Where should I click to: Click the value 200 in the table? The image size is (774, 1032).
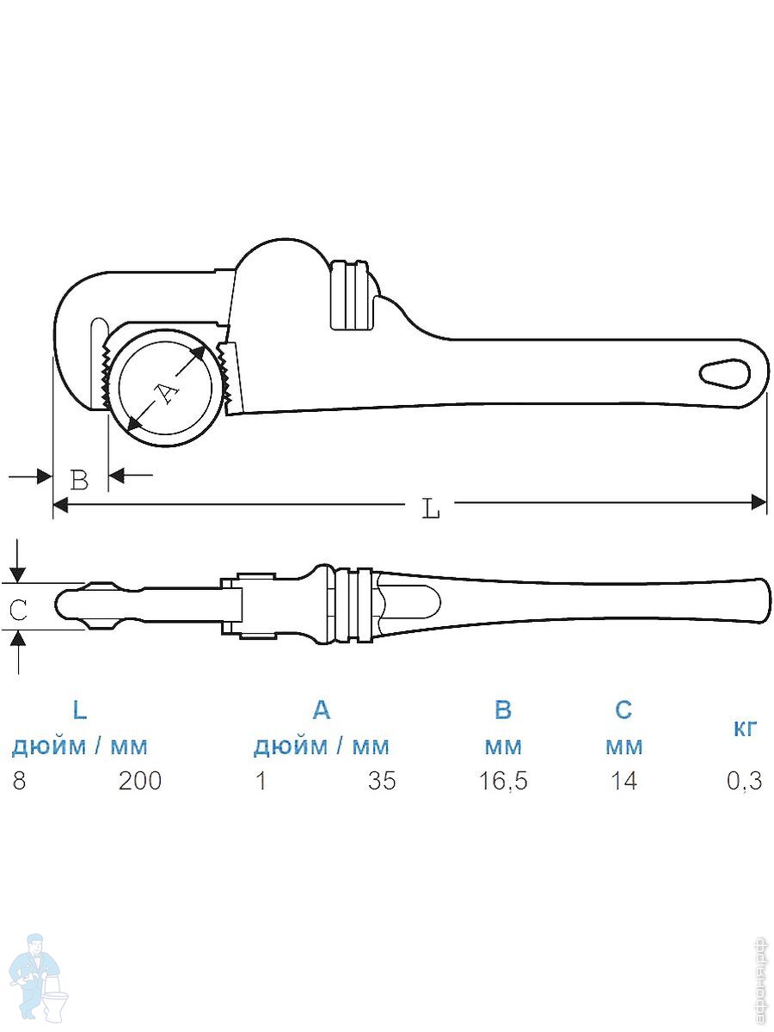pos(140,781)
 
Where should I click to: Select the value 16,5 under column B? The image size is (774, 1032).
pos(503,782)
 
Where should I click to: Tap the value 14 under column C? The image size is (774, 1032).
pos(623,781)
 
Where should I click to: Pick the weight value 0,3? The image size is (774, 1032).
pos(745,782)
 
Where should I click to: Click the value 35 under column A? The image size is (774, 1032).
pos(382,781)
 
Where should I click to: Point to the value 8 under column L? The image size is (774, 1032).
pos(19,781)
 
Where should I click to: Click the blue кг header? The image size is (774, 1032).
pos(745,728)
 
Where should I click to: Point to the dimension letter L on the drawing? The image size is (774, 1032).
pos(431,509)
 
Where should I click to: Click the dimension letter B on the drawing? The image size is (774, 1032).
pos(79,480)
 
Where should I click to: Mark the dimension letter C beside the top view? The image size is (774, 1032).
pos(18,610)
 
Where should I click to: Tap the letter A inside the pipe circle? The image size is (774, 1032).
pos(167,394)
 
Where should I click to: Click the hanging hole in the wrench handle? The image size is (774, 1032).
pos(724,375)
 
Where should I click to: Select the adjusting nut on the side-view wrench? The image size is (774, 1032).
pos(348,295)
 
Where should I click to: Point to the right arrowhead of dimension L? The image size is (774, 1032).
pos(759,501)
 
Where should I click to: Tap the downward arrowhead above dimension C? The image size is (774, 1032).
pos(18,574)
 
